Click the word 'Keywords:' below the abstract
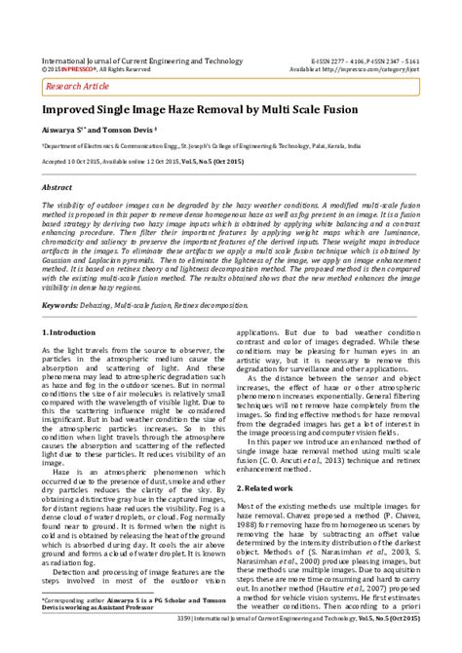point(59,278)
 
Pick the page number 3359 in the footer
point(164,643)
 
